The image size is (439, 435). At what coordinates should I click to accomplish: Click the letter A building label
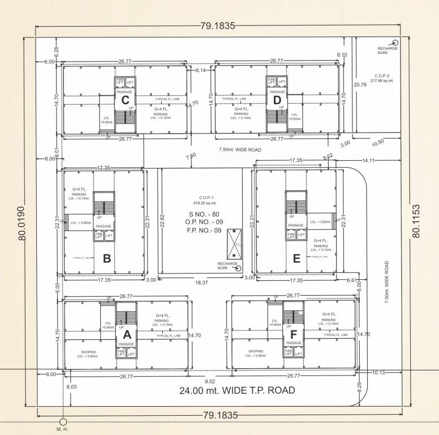coord(127,334)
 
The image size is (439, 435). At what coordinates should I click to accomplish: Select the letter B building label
coord(106,259)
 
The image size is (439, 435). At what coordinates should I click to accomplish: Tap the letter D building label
coord(277,101)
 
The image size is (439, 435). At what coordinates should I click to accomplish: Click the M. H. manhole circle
coord(63,422)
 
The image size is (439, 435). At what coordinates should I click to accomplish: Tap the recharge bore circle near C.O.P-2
coord(396,42)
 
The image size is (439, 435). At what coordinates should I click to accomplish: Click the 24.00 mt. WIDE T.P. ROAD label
coord(237,390)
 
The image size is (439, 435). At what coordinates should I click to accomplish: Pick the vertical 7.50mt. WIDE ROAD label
coord(387,282)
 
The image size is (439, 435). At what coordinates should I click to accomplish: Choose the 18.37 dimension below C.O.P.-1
coord(203,282)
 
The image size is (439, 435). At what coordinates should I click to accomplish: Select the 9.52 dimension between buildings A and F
coord(210,381)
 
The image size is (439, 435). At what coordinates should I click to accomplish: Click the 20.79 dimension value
coord(359,85)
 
